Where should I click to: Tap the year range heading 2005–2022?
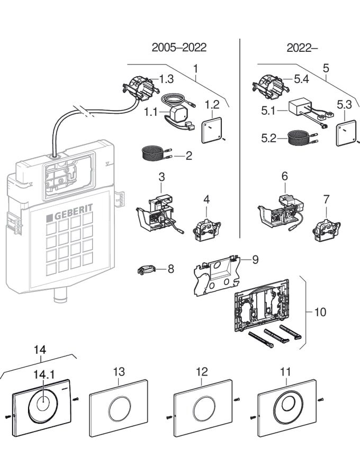[179, 48]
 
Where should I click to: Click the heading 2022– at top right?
[302, 48]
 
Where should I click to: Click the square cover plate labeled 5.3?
[347, 133]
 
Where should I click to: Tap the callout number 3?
[162, 175]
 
